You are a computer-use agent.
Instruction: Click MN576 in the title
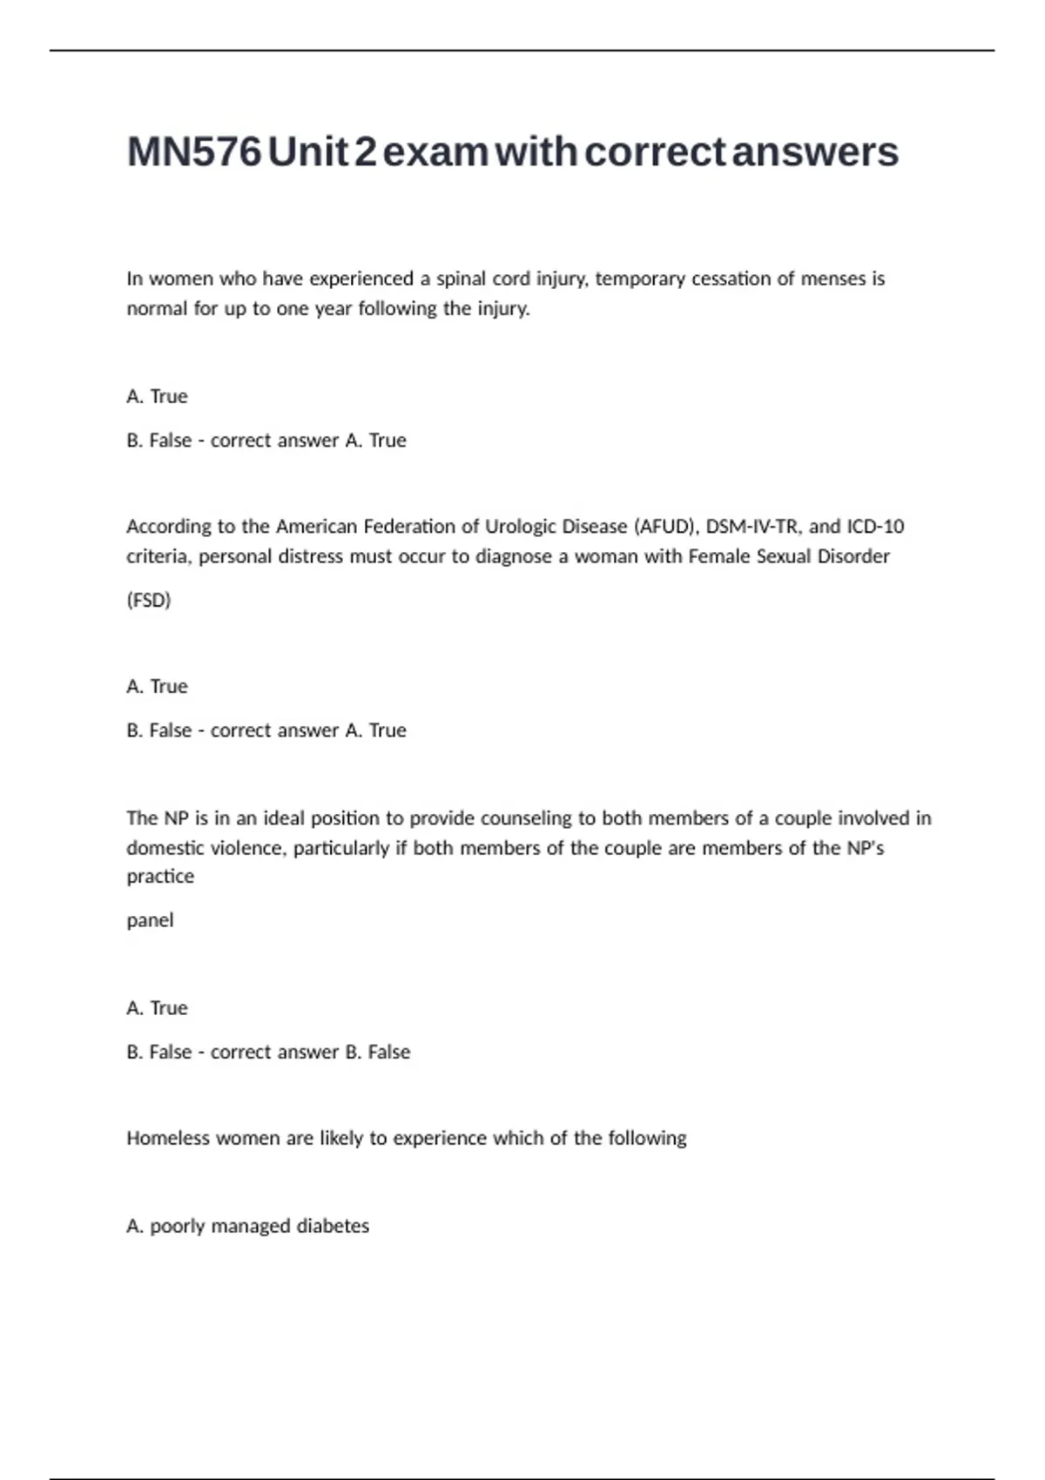194,151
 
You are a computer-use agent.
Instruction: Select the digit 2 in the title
366,151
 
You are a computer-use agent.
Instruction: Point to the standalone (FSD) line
149,600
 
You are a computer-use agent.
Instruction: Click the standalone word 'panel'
150,920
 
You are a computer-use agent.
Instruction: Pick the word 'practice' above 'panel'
160,877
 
